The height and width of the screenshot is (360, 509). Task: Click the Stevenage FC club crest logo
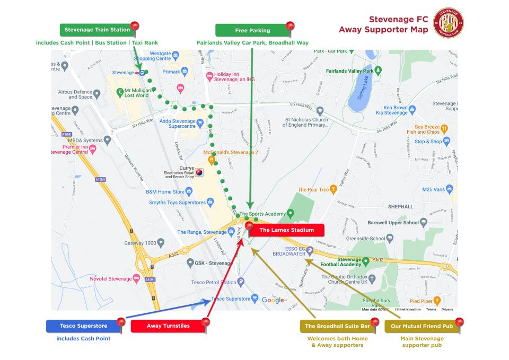coord(448,23)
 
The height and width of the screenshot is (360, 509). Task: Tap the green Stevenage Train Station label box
coord(97,30)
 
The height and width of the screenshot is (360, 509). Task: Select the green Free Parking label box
coord(252,30)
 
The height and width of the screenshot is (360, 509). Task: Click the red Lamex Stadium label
coord(286,230)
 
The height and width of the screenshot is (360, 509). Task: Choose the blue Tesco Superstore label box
coord(83,326)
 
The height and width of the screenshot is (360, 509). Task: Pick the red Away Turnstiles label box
coord(168,326)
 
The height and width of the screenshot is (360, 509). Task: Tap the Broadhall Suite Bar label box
coord(337,326)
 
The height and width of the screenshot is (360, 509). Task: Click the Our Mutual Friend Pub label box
coord(422,326)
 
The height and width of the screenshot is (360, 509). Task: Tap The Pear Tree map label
coord(313,189)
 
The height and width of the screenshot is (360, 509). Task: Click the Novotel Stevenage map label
coord(111,279)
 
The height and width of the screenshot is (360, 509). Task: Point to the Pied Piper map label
coord(422,301)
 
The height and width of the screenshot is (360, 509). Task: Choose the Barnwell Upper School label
coord(393,223)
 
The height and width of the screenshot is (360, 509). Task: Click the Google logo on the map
coord(273,300)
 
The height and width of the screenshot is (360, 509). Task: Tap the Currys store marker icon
coord(199,172)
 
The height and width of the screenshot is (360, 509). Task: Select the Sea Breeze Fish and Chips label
coord(427,129)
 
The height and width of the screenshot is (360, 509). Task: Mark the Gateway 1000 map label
coord(141,243)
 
